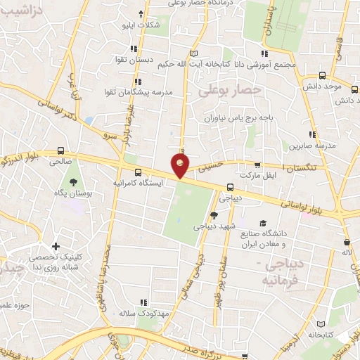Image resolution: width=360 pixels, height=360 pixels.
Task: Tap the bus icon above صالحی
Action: click(61, 150)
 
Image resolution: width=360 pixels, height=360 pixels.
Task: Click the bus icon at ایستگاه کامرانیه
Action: click(137, 172)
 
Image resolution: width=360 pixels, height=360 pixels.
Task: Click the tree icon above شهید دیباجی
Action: click(214, 215)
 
